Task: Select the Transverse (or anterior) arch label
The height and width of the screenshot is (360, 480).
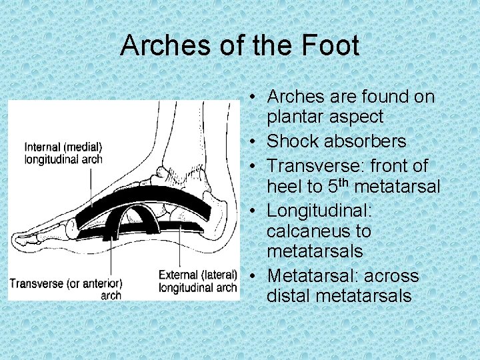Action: (x=65, y=288)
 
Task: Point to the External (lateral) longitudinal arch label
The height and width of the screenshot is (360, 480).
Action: (x=198, y=281)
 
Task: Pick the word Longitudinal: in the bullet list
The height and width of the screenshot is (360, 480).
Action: (x=319, y=211)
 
